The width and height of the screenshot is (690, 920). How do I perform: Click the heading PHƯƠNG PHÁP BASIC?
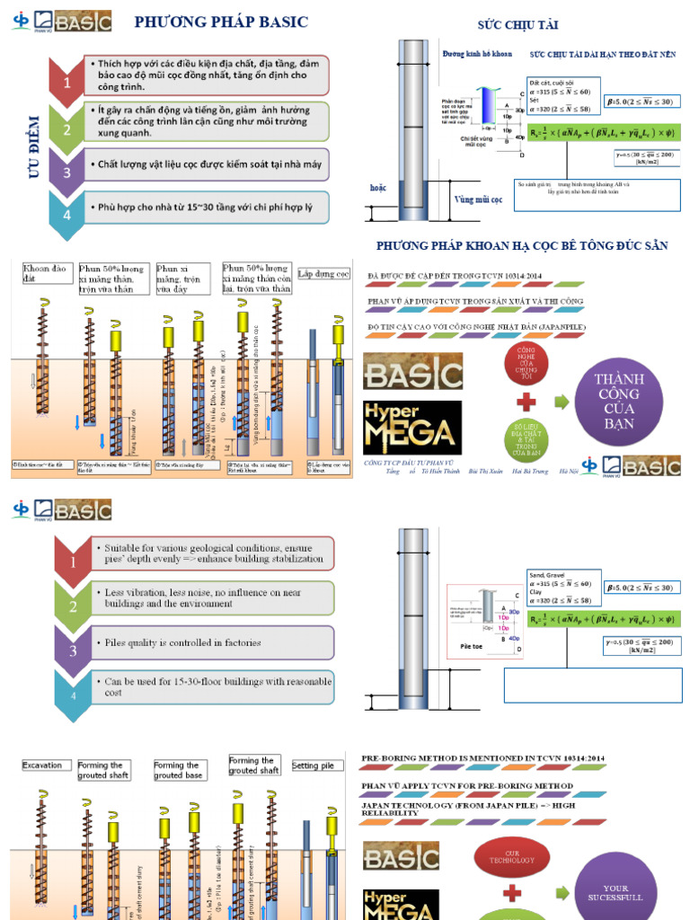click(220, 22)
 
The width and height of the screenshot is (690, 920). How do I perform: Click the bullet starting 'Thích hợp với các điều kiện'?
click(207, 75)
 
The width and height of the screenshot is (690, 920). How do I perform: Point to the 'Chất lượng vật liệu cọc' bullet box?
click(207, 164)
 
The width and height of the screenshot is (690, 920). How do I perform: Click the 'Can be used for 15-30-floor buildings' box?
click(212, 687)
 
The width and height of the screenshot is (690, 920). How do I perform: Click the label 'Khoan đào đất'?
click(46, 273)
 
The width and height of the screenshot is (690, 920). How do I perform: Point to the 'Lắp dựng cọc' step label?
click(323, 273)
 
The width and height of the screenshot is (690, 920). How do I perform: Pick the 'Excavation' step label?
click(42, 765)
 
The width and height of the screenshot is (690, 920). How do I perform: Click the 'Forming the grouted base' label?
click(179, 770)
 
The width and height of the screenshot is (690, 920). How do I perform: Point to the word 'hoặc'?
click(378, 188)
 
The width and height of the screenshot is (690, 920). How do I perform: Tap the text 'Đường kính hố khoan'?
click(477, 54)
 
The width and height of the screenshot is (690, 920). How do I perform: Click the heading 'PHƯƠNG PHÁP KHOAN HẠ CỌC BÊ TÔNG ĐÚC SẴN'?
click(522, 246)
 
